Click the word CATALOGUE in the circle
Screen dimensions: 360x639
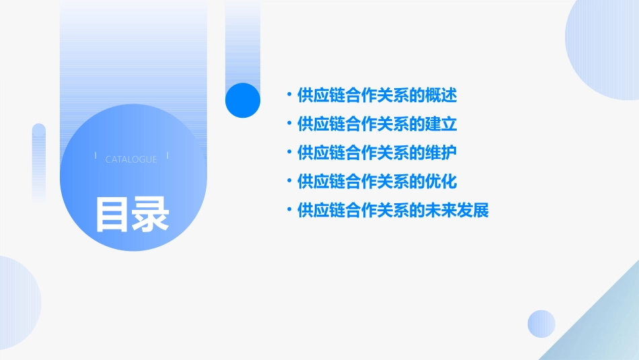pos(131,159)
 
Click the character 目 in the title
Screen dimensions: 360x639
pos(112,215)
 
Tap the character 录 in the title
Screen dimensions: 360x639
pos(151,215)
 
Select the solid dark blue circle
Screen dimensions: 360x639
pos(242,100)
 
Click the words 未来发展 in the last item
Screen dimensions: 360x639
pos(456,211)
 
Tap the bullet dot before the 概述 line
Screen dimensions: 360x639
pos(289,95)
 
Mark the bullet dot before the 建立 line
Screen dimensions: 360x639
pos(289,124)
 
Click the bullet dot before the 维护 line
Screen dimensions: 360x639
pos(289,152)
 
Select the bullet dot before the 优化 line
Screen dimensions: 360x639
pos(289,181)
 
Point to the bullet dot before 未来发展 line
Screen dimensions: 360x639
pos(289,210)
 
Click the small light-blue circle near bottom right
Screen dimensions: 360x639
pos(541,324)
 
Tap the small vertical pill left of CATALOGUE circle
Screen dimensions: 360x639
pos(39,161)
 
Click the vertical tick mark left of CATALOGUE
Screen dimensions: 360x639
pos(96,155)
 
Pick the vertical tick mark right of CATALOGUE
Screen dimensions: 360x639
pos(167,155)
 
